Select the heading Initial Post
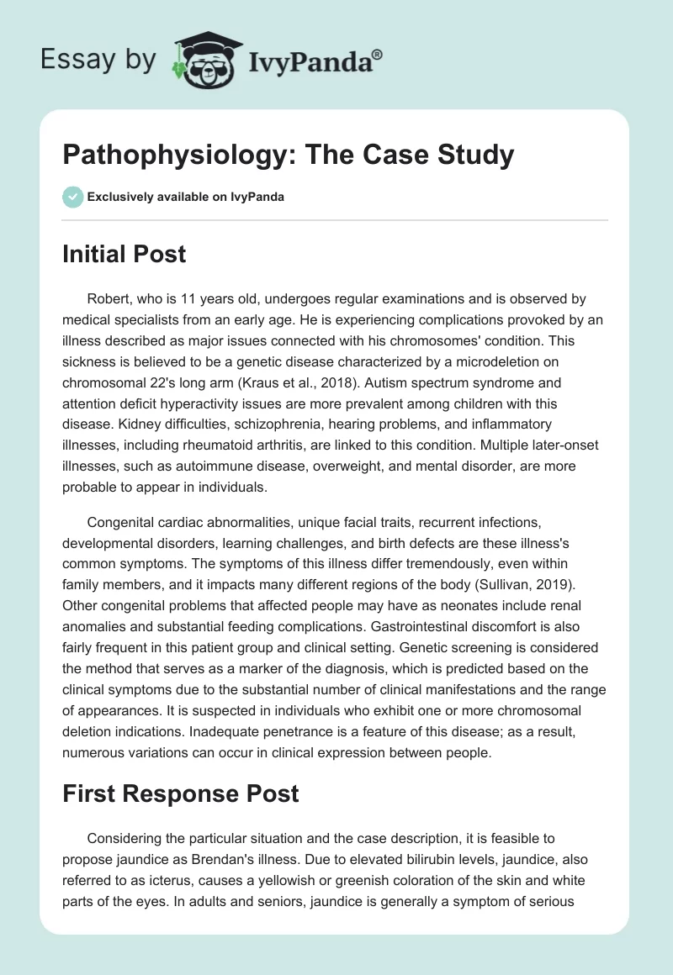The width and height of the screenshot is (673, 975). pos(124,253)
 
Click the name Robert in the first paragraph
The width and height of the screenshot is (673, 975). pos(109,298)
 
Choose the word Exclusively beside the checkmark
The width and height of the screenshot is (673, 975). pos(115,198)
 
